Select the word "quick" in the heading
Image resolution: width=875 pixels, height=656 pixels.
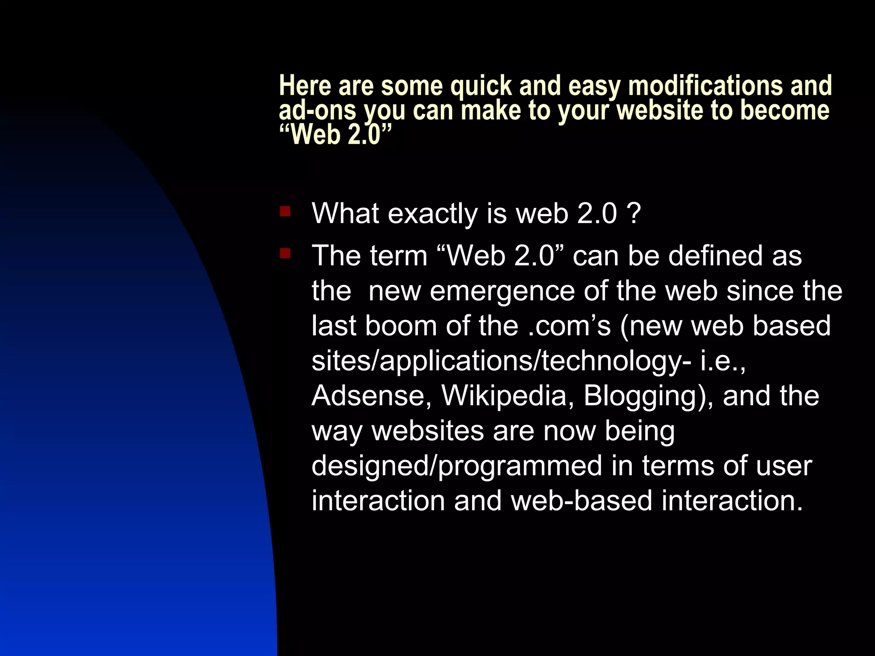pyautogui.click(x=481, y=86)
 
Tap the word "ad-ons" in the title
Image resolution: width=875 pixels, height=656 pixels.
pyautogui.click(x=317, y=110)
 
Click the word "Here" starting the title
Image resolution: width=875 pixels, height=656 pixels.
pyautogui.click(x=305, y=85)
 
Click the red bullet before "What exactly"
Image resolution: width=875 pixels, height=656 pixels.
pyautogui.click(x=285, y=211)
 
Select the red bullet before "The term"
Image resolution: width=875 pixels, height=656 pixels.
pyautogui.click(x=285, y=254)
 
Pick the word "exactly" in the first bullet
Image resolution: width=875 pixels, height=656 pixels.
pyautogui.click(x=432, y=214)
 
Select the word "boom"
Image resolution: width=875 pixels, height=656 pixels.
pyautogui.click(x=401, y=326)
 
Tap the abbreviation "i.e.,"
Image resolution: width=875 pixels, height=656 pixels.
pyautogui.click(x=722, y=361)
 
